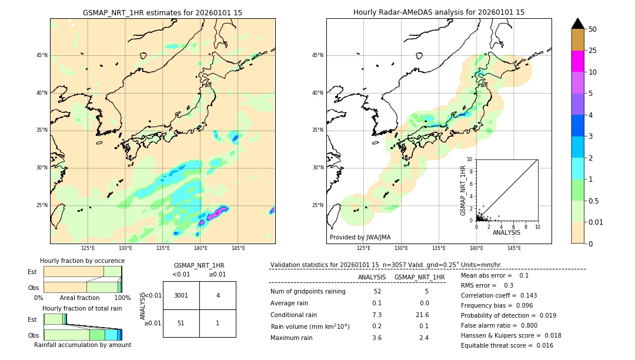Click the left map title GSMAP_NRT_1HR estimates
162,12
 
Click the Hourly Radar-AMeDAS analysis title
439,12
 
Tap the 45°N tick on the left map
42,55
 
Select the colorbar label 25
593,51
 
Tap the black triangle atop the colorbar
578,24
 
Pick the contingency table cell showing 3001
181,295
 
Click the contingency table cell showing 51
181,323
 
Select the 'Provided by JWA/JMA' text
360,237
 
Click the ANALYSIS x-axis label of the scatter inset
506,233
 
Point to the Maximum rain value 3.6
377,338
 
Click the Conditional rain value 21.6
423,315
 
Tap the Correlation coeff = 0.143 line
498,295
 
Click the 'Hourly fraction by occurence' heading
82,261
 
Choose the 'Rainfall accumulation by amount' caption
82,345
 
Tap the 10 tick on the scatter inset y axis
469,159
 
